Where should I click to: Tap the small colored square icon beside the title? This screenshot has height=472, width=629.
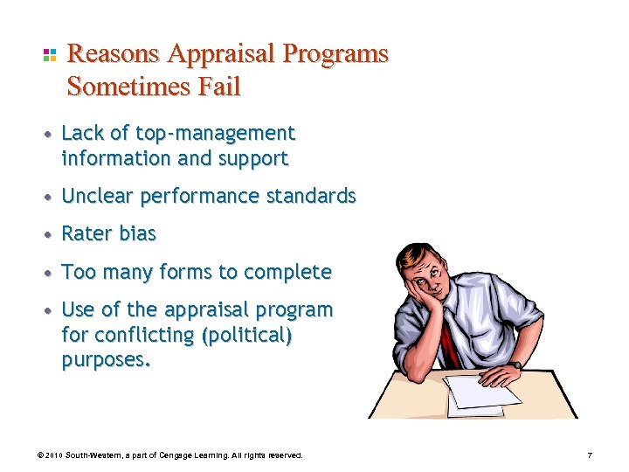(x=50, y=55)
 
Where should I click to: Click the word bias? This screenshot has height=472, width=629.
(x=137, y=234)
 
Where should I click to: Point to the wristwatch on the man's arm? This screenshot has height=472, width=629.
(x=517, y=364)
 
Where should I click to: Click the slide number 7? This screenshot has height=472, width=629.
(x=591, y=455)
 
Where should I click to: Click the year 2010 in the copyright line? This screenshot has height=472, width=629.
(x=54, y=455)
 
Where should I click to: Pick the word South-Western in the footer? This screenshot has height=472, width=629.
(x=94, y=455)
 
